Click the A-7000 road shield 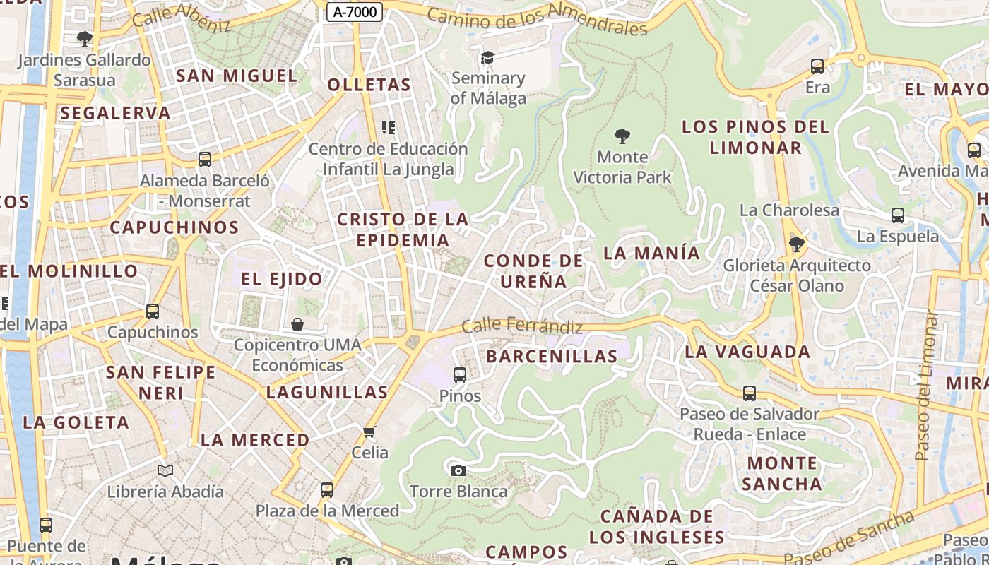tap(355, 11)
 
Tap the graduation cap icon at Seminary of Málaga tap(487, 57)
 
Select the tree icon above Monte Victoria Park tap(622, 136)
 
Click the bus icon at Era tap(817, 66)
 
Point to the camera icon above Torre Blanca tap(458, 470)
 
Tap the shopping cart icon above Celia tap(369, 432)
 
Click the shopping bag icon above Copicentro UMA tap(297, 324)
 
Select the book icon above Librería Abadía tap(165, 470)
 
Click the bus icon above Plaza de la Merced tap(326, 489)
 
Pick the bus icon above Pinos tap(460, 375)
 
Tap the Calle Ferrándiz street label tap(522, 326)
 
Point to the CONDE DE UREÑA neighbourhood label tap(534, 271)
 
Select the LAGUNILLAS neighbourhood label tap(327, 392)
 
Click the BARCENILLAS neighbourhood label tap(552, 356)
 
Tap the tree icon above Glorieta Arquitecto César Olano tap(797, 244)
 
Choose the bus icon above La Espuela tap(898, 215)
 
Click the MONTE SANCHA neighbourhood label tap(781, 473)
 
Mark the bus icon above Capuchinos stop tap(153, 311)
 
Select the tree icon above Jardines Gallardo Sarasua tap(85, 39)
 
